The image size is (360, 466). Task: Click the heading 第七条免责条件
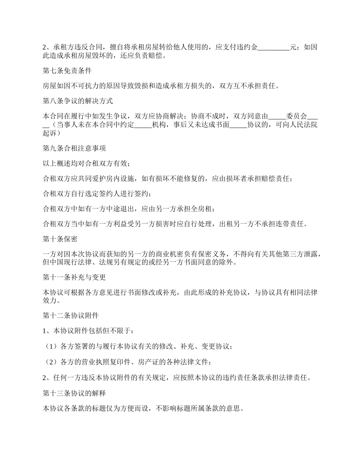tap(67, 71)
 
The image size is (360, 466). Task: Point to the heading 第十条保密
tap(61, 239)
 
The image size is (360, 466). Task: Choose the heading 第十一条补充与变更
tap(75, 277)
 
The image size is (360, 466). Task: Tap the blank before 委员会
tap(277, 117)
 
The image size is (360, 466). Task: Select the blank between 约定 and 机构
tap(143, 125)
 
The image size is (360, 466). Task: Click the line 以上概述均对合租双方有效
tap(87, 164)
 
